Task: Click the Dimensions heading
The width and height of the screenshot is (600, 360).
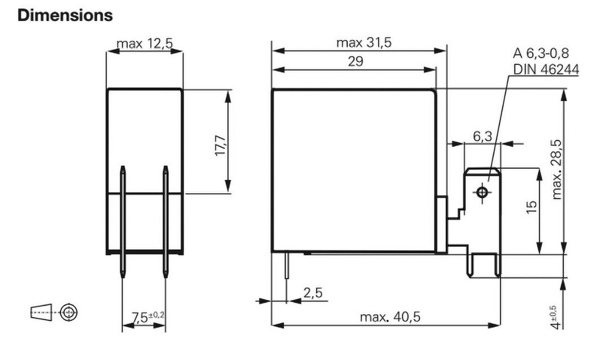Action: click(65, 15)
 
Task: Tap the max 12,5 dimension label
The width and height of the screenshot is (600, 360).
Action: click(145, 43)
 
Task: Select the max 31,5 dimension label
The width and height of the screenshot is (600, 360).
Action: click(364, 43)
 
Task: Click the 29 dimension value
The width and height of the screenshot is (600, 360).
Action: click(356, 62)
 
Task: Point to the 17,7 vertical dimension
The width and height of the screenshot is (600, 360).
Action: click(221, 145)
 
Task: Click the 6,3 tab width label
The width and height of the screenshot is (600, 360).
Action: click(483, 136)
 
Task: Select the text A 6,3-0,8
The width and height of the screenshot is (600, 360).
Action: click(541, 53)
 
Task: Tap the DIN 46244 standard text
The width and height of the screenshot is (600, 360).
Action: click(546, 70)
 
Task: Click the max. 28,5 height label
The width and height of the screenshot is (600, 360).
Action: click(557, 169)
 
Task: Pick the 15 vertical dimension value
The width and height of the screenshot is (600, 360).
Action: click(531, 207)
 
